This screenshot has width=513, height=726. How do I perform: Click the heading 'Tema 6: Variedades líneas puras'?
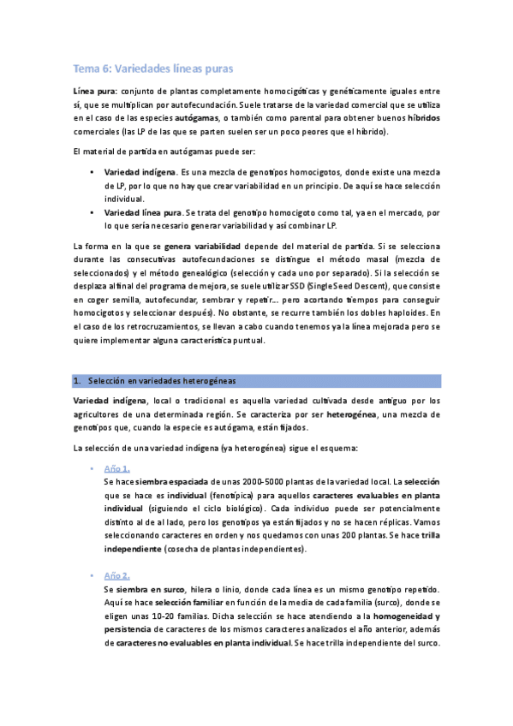(152, 68)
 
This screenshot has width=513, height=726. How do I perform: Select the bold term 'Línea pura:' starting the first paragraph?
(94, 91)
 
